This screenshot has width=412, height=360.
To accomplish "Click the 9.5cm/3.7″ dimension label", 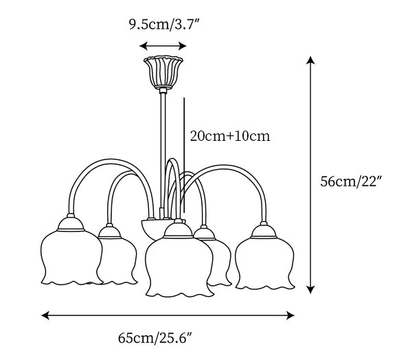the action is tap(165, 25).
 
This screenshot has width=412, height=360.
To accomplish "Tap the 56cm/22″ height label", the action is tap(350, 181).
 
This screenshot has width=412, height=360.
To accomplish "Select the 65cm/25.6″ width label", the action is tap(155, 338).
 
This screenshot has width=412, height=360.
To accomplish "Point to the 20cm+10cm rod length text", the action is tap(230, 136).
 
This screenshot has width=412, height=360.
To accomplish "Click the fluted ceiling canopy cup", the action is tap(163, 72).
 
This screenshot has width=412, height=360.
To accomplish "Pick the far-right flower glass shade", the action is tap(264, 263).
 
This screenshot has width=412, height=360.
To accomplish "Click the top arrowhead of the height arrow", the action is tap(310, 60).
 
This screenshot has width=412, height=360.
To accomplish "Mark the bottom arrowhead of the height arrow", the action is tap(310, 289).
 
